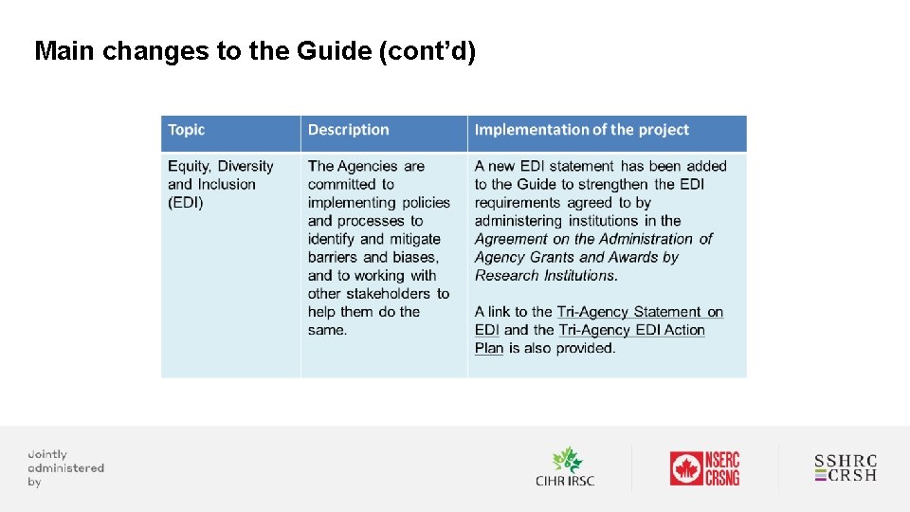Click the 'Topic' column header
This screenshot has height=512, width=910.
tap(187, 130)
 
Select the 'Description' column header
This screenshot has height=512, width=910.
tap(348, 130)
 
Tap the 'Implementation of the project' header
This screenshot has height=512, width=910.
tap(581, 130)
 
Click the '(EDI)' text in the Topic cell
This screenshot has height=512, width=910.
tap(186, 202)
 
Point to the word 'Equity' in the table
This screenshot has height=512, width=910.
tap(189, 166)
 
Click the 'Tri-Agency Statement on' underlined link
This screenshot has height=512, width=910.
tap(640, 312)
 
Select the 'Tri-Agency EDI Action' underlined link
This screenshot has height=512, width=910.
tap(631, 330)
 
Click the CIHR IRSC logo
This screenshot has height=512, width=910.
tap(565, 467)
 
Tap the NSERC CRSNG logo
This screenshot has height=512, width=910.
tap(704, 468)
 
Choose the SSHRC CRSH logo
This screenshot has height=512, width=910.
tap(846, 468)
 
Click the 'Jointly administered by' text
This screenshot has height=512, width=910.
tap(64, 468)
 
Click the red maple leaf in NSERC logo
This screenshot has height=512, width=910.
tap(685, 468)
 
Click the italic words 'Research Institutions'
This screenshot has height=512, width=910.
tap(545, 275)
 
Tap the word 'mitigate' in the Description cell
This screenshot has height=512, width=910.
tap(413, 239)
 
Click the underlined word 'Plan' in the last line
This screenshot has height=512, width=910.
tap(489, 348)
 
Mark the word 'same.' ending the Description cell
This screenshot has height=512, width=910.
tap(327, 330)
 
